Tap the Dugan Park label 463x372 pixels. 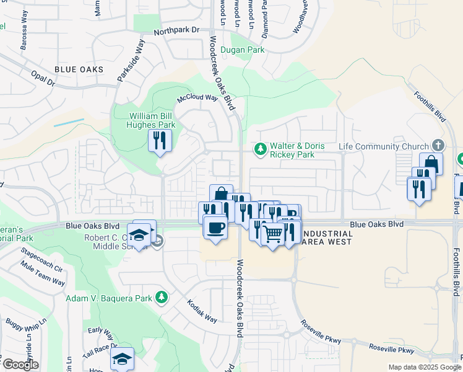[243, 50]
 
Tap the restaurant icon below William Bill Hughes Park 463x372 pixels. [159, 141]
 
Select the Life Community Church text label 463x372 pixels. [384, 147]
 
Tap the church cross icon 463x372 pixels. [438, 146]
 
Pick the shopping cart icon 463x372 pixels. [273, 234]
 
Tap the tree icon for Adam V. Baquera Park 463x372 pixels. [161, 298]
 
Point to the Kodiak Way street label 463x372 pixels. [202, 311]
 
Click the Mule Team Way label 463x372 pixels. [43, 277]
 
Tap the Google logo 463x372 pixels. [20, 365]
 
